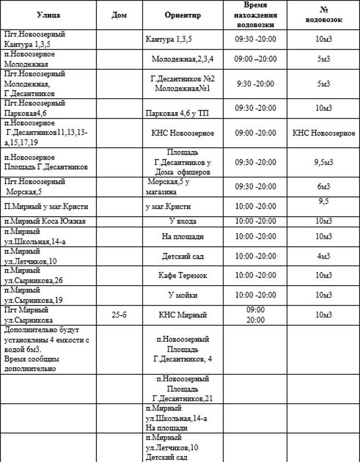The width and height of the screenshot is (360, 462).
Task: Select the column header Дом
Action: [119, 15]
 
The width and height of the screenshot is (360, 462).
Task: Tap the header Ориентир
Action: [183, 15]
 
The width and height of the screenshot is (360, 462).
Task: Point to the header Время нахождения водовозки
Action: [255, 15]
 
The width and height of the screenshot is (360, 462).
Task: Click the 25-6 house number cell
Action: [119, 314]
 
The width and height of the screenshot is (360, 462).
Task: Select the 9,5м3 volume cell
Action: [323, 162]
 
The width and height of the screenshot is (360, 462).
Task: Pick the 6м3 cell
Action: [323, 187]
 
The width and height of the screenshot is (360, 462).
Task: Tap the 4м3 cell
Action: [323, 256]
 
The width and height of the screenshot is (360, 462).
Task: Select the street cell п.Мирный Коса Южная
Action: [45, 221]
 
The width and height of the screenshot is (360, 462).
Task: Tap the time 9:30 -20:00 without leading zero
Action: [255, 84]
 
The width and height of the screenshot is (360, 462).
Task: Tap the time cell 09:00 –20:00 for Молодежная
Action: [255, 59]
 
